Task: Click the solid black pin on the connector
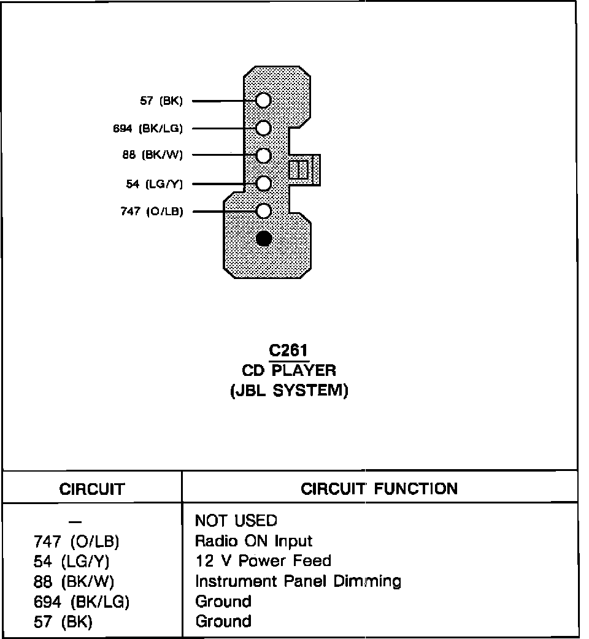(264, 238)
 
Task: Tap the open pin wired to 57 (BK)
(264, 101)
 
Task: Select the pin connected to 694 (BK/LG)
(264, 128)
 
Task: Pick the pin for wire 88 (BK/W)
(264, 155)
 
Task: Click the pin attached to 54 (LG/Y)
(264, 183)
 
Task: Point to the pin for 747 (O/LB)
(264, 211)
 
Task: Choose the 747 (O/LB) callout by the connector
(152, 212)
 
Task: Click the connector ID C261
(288, 351)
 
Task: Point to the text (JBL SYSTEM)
(288, 391)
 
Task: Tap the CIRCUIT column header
(92, 489)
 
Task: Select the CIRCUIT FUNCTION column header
(379, 489)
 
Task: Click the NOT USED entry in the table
(236, 521)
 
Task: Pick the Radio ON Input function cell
(253, 541)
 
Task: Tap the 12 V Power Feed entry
(263, 561)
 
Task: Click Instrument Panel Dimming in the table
(298, 581)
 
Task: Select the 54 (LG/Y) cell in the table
(71, 561)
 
